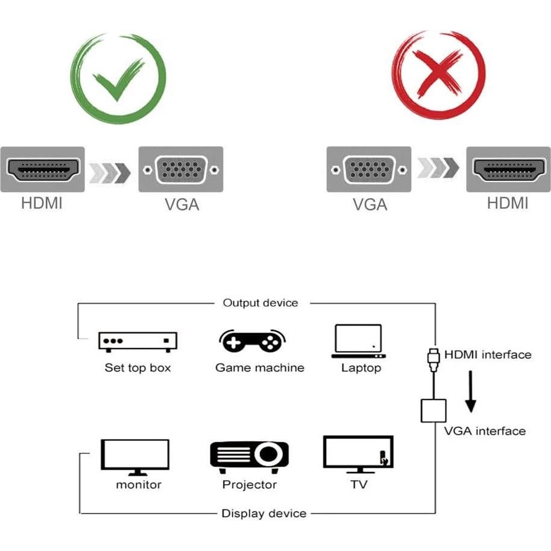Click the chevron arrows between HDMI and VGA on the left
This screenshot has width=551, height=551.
click(x=110, y=172)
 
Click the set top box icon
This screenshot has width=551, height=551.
click(x=137, y=341)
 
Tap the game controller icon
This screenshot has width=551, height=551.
click(x=251, y=341)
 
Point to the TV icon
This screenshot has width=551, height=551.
click(x=358, y=454)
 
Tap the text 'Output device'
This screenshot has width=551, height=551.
click(x=260, y=303)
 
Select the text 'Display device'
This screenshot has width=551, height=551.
click(x=264, y=514)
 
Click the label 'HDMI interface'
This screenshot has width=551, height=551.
click(x=488, y=354)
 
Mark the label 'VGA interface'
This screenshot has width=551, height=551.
click(x=485, y=431)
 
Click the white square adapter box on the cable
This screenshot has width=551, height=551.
click(x=432, y=410)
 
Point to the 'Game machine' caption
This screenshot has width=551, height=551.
click(x=260, y=367)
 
